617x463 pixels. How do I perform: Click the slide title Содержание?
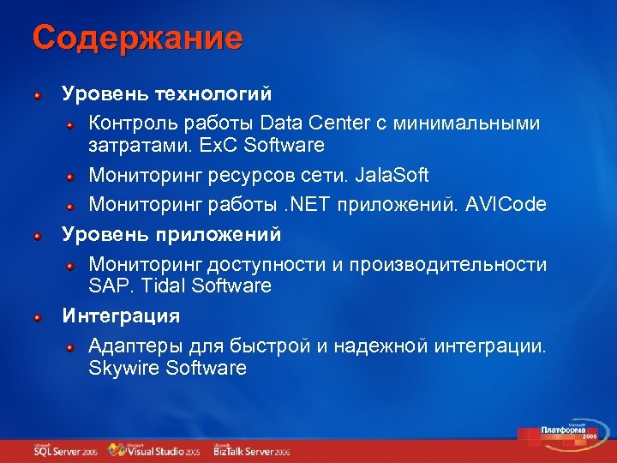point(137,38)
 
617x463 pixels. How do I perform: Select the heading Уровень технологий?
point(166,92)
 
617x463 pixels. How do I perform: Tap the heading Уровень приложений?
point(171,233)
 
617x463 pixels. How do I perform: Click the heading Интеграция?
point(121,316)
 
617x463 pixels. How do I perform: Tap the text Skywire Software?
point(168,369)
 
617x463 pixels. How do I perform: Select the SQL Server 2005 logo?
point(64,450)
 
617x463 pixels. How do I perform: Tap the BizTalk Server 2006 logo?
point(252,450)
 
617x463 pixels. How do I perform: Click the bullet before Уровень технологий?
point(38,93)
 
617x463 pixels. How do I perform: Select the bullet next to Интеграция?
point(38,316)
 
